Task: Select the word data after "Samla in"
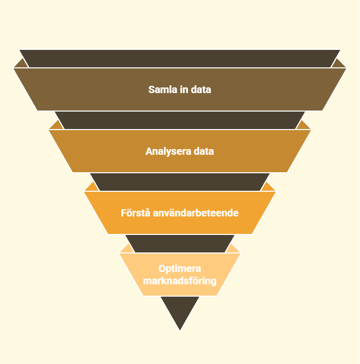[201, 89]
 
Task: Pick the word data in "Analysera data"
[204, 151]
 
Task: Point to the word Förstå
[136, 213]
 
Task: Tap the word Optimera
[180, 268]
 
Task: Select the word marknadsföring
[180, 281]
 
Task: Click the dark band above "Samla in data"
[180, 59]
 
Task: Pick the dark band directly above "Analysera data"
[180, 120]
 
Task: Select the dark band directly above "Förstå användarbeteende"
[180, 182]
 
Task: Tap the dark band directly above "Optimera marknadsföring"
[180, 244]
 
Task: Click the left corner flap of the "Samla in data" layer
[22, 64]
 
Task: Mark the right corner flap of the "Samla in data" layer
[338, 64]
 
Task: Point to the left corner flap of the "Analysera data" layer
[57, 125]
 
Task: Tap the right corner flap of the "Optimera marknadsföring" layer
[232, 249]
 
